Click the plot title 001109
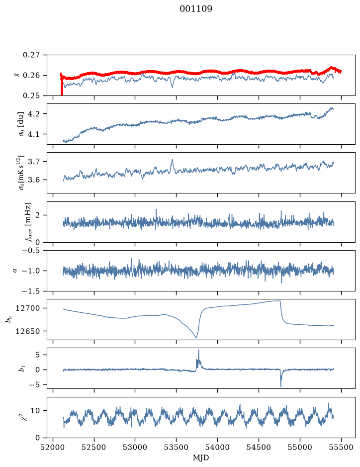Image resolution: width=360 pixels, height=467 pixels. (196, 9)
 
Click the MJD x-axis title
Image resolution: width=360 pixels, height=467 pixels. (201, 458)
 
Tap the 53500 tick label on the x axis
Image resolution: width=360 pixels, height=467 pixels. (176, 447)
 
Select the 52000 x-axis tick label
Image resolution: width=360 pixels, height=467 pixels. (53, 447)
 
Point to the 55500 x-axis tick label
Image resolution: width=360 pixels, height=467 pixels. (341, 447)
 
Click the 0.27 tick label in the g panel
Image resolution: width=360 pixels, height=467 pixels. (31, 55)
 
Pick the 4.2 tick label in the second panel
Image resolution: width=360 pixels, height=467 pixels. (33, 114)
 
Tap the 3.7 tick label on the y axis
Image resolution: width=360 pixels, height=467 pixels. (33, 162)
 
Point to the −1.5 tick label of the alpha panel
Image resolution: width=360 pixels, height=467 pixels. (31, 291)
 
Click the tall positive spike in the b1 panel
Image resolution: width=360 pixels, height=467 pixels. (198, 355)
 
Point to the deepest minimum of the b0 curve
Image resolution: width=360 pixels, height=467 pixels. (196, 338)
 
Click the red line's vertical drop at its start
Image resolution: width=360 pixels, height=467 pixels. (62, 85)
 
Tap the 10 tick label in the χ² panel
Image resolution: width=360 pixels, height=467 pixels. (35, 411)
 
